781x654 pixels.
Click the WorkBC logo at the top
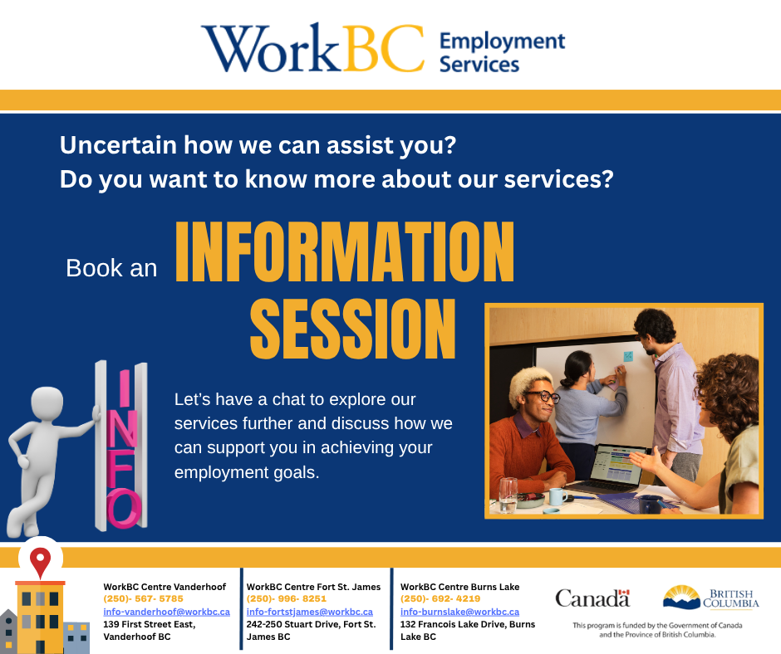click(383, 47)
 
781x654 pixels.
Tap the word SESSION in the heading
click(352, 329)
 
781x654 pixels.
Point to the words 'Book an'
click(111, 268)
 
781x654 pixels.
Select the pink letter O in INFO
click(123, 508)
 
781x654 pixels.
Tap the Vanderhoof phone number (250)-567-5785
click(144, 598)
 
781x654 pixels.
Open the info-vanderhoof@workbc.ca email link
click(166, 612)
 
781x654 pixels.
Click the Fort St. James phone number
click(287, 598)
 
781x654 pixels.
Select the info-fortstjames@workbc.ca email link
click(309, 612)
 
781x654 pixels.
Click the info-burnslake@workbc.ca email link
click(459, 612)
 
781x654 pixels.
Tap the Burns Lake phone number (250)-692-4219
click(440, 598)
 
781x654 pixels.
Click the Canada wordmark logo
click(592, 598)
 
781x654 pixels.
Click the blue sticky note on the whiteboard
click(628, 356)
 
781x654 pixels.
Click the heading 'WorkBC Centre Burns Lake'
click(459, 587)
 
